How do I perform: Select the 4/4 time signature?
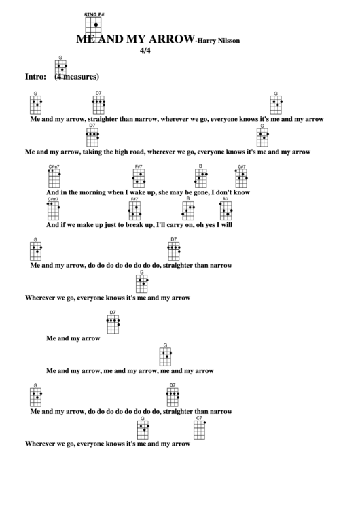[x=144, y=52]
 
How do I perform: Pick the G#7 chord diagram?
[x=242, y=177]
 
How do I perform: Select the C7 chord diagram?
[x=200, y=429]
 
